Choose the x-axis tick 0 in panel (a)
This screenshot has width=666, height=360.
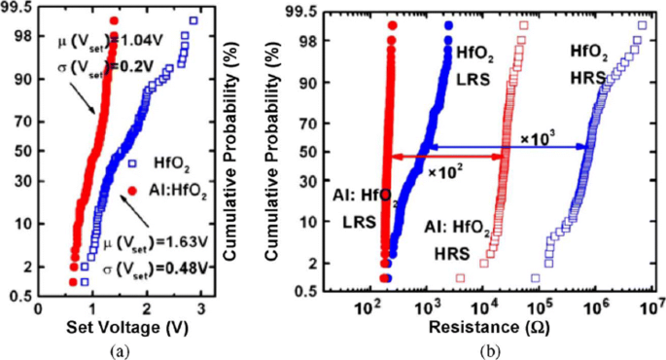click(x=39, y=308)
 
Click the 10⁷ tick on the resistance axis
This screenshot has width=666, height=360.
click(x=651, y=309)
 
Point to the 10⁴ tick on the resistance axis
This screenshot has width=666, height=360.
click(x=483, y=309)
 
